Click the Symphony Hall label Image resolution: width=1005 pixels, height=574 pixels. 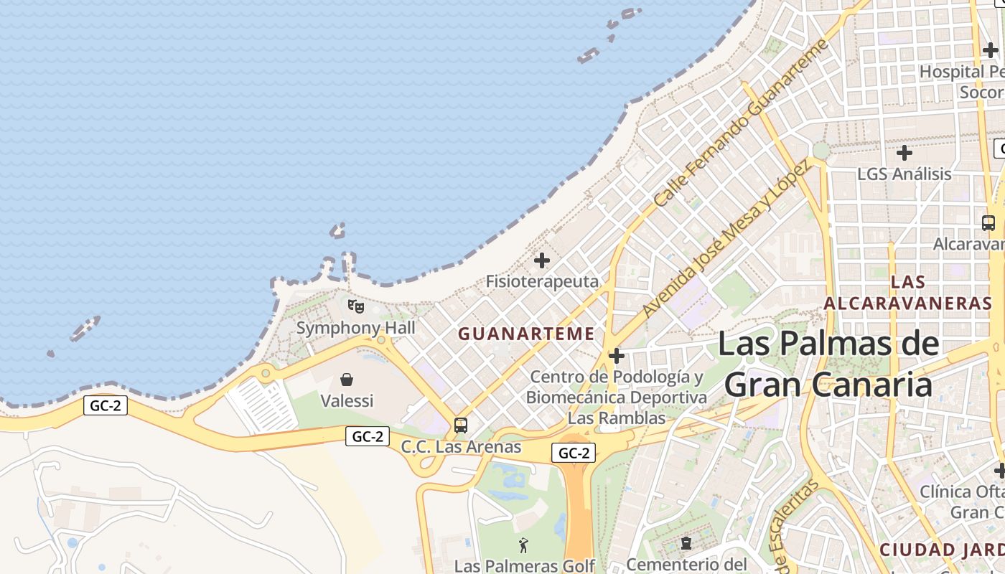[x=356, y=329]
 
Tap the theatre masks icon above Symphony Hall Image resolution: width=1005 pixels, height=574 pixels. [x=356, y=306]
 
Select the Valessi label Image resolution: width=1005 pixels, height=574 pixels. [x=347, y=400]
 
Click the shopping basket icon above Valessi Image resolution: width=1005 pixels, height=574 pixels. [x=347, y=380]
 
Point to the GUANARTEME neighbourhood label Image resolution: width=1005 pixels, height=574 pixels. [x=526, y=334]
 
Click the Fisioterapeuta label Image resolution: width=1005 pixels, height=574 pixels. [x=542, y=281]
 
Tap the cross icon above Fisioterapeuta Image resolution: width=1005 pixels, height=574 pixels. [x=542, y=260]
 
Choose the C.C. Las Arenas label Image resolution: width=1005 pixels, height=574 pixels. [x=461, y=447]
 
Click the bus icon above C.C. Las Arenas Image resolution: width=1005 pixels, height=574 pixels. [x=461, y=425]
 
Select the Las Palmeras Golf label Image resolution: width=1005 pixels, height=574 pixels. [x=525, y=566]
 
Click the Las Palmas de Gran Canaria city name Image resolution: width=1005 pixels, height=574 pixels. [x=828, y=364]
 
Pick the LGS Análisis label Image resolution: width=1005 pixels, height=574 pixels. [x=904, y=174]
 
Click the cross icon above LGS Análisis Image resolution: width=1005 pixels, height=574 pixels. [x=904, y=153]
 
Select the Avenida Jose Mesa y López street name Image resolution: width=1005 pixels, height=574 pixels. [x=726, y=240]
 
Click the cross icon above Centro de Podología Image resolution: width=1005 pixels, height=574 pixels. [x=616, y=356]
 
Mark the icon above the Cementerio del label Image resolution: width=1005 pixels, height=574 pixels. [x=686, y=543]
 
